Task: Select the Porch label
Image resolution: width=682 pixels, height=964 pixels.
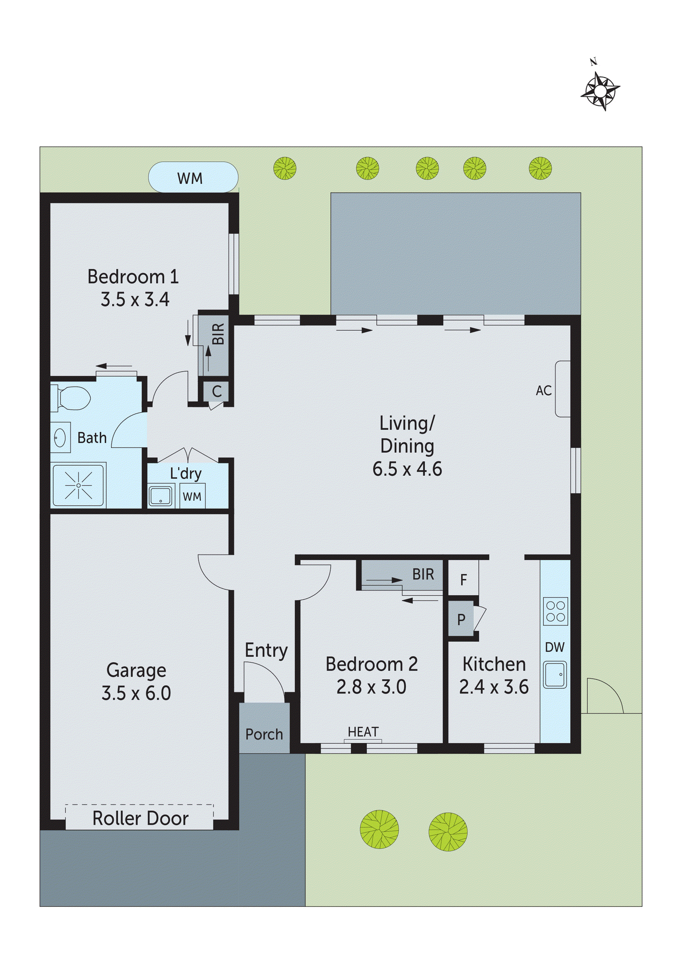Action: coord(264,734)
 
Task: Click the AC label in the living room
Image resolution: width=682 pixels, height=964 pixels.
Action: coord(543,391)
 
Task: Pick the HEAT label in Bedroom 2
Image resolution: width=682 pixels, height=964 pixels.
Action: coord(363,732)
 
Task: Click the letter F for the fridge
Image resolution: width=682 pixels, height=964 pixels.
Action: coord(463,580)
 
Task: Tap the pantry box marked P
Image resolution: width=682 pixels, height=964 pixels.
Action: coord(461,619)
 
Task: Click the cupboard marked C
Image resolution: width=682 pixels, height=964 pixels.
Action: coord(216,392)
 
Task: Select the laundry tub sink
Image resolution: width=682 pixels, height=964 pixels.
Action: coord(161,496)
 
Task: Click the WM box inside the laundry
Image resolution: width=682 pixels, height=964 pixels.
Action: coord(192,497)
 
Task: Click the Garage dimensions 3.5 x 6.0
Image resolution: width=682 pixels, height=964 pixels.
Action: coord(136,693)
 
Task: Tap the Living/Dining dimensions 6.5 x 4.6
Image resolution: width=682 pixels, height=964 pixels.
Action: coord(407,469)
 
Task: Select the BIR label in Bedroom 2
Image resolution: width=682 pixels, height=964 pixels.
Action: coord(423,574)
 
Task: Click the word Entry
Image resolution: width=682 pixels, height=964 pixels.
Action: coord(266,650)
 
